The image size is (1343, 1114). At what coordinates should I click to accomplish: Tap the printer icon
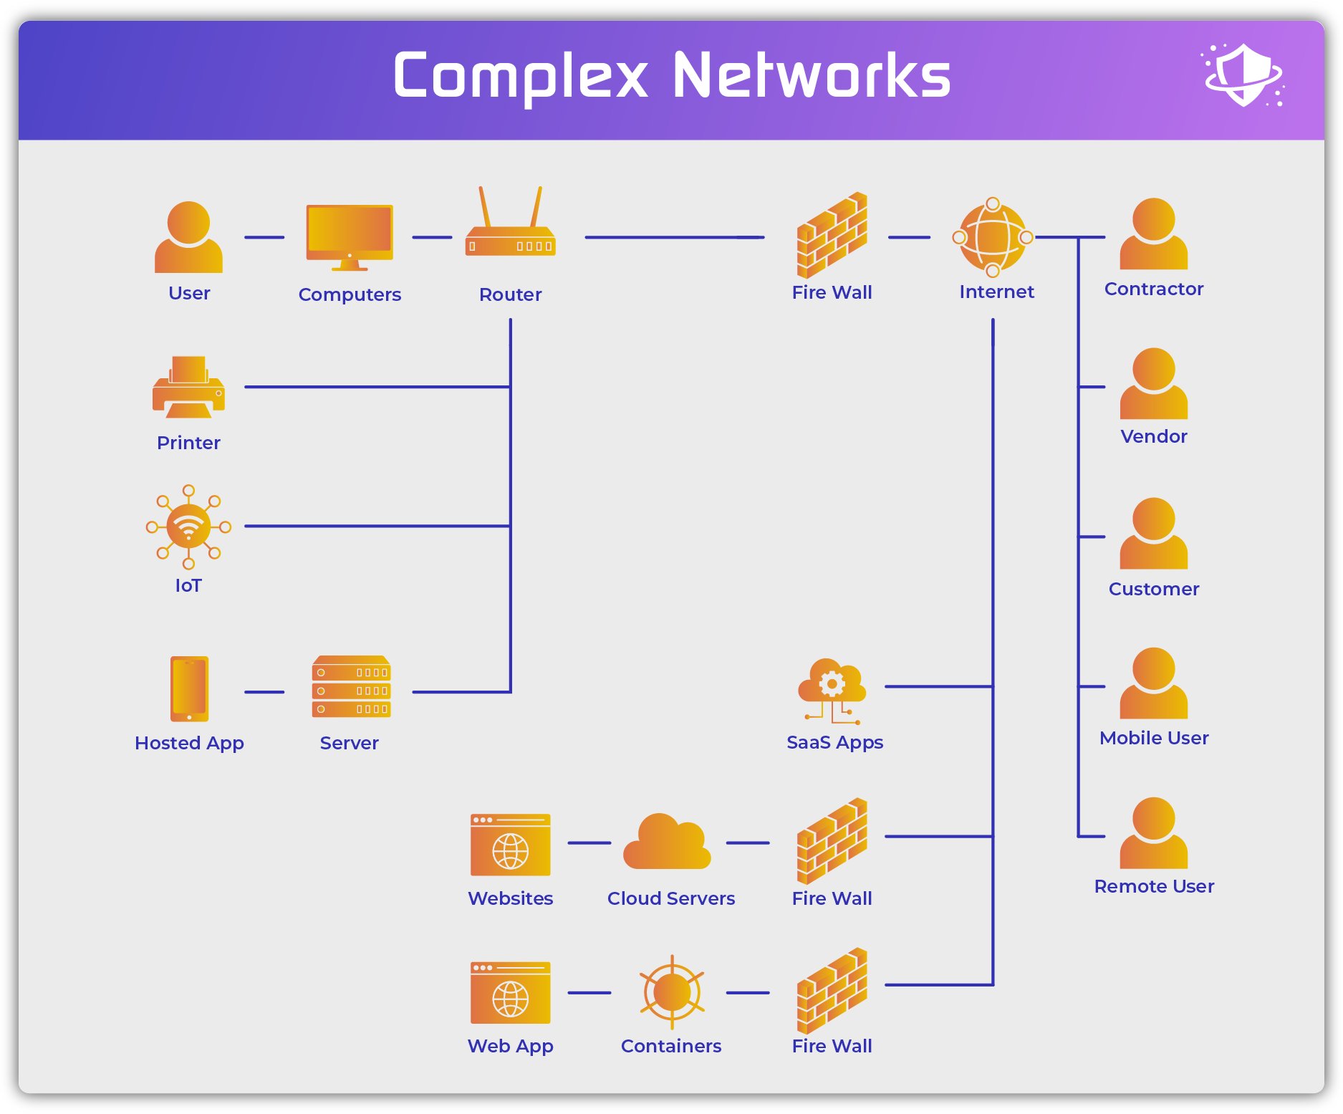(x=188, y=388)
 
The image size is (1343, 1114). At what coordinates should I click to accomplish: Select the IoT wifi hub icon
(x=188, y=527)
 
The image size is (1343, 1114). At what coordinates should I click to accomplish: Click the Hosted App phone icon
(x=189, y=688)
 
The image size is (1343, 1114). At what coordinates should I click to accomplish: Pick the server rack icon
(x=351, y=687)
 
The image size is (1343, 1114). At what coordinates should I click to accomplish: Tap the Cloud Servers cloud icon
(x=667, y=842)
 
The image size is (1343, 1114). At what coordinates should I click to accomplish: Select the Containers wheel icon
(x=671, y=992)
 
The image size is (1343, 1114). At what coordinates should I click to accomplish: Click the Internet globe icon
(x=993, y=237)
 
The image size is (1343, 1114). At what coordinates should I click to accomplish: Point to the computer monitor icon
(x=350, y=236)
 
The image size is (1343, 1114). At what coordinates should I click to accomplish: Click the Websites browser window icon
(x=510, y=845)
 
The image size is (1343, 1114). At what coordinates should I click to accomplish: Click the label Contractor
(x=1153, y=289)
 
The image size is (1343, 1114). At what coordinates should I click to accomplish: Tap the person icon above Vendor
(x=1153, y=384)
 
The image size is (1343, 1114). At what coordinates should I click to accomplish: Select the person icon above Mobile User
(x=1153, y=683)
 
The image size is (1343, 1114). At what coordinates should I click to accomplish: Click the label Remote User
(x=1153, y=886)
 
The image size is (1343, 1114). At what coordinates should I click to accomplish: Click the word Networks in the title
(x=811, y=75)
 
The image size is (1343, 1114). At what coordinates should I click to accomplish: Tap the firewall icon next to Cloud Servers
(x=832, y=842)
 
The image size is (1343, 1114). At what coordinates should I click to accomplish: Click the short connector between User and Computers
(x=264, y=237)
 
